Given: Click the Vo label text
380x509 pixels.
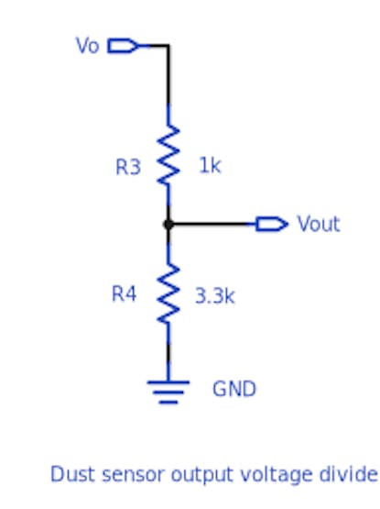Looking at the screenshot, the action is pyautogui.click(x=87, y=45).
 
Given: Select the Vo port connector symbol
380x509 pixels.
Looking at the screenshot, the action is pyautogui.click(x=124, y=46).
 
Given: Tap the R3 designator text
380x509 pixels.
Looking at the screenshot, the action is pyautogui.click(x=128, y=167).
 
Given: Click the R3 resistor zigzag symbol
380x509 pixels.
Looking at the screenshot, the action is pyautogui.click(x=168, y=155).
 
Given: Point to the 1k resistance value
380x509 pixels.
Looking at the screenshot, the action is pyautogui.click(x=210, y=165).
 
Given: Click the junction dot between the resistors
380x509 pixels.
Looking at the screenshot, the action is pyautogui.click(x=168, y=225).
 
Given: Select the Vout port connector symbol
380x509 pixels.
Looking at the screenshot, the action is pyautogui.click(x=272, y=224).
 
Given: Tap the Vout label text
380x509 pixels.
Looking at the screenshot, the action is pyautogui.click(x=319, y=224).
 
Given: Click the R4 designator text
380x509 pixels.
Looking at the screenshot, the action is pyautogui.click(x=124, y=293).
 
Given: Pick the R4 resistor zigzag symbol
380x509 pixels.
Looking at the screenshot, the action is pyautogui.click(x=168, y=293).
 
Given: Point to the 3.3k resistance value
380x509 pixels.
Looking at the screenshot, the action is pyautogui.click(x=214, y=296).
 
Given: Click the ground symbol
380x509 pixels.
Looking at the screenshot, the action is pyautogui.click(x=168, y=392).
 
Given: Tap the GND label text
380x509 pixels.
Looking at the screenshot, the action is pyautogui.click(x=234, y=389).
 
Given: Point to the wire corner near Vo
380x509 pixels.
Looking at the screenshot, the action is pyautogui.click(x=168, y=46).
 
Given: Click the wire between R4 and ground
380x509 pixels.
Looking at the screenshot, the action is pyautogui.click(x=168, y=352).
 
